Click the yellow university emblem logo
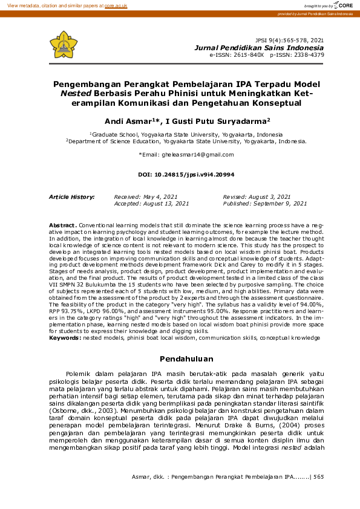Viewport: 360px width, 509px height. click(64, 44)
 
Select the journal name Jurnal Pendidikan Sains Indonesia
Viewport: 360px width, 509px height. click(258, 47)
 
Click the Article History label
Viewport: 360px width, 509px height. click(71, 197)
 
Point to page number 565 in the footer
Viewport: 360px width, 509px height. click(318, 477)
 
